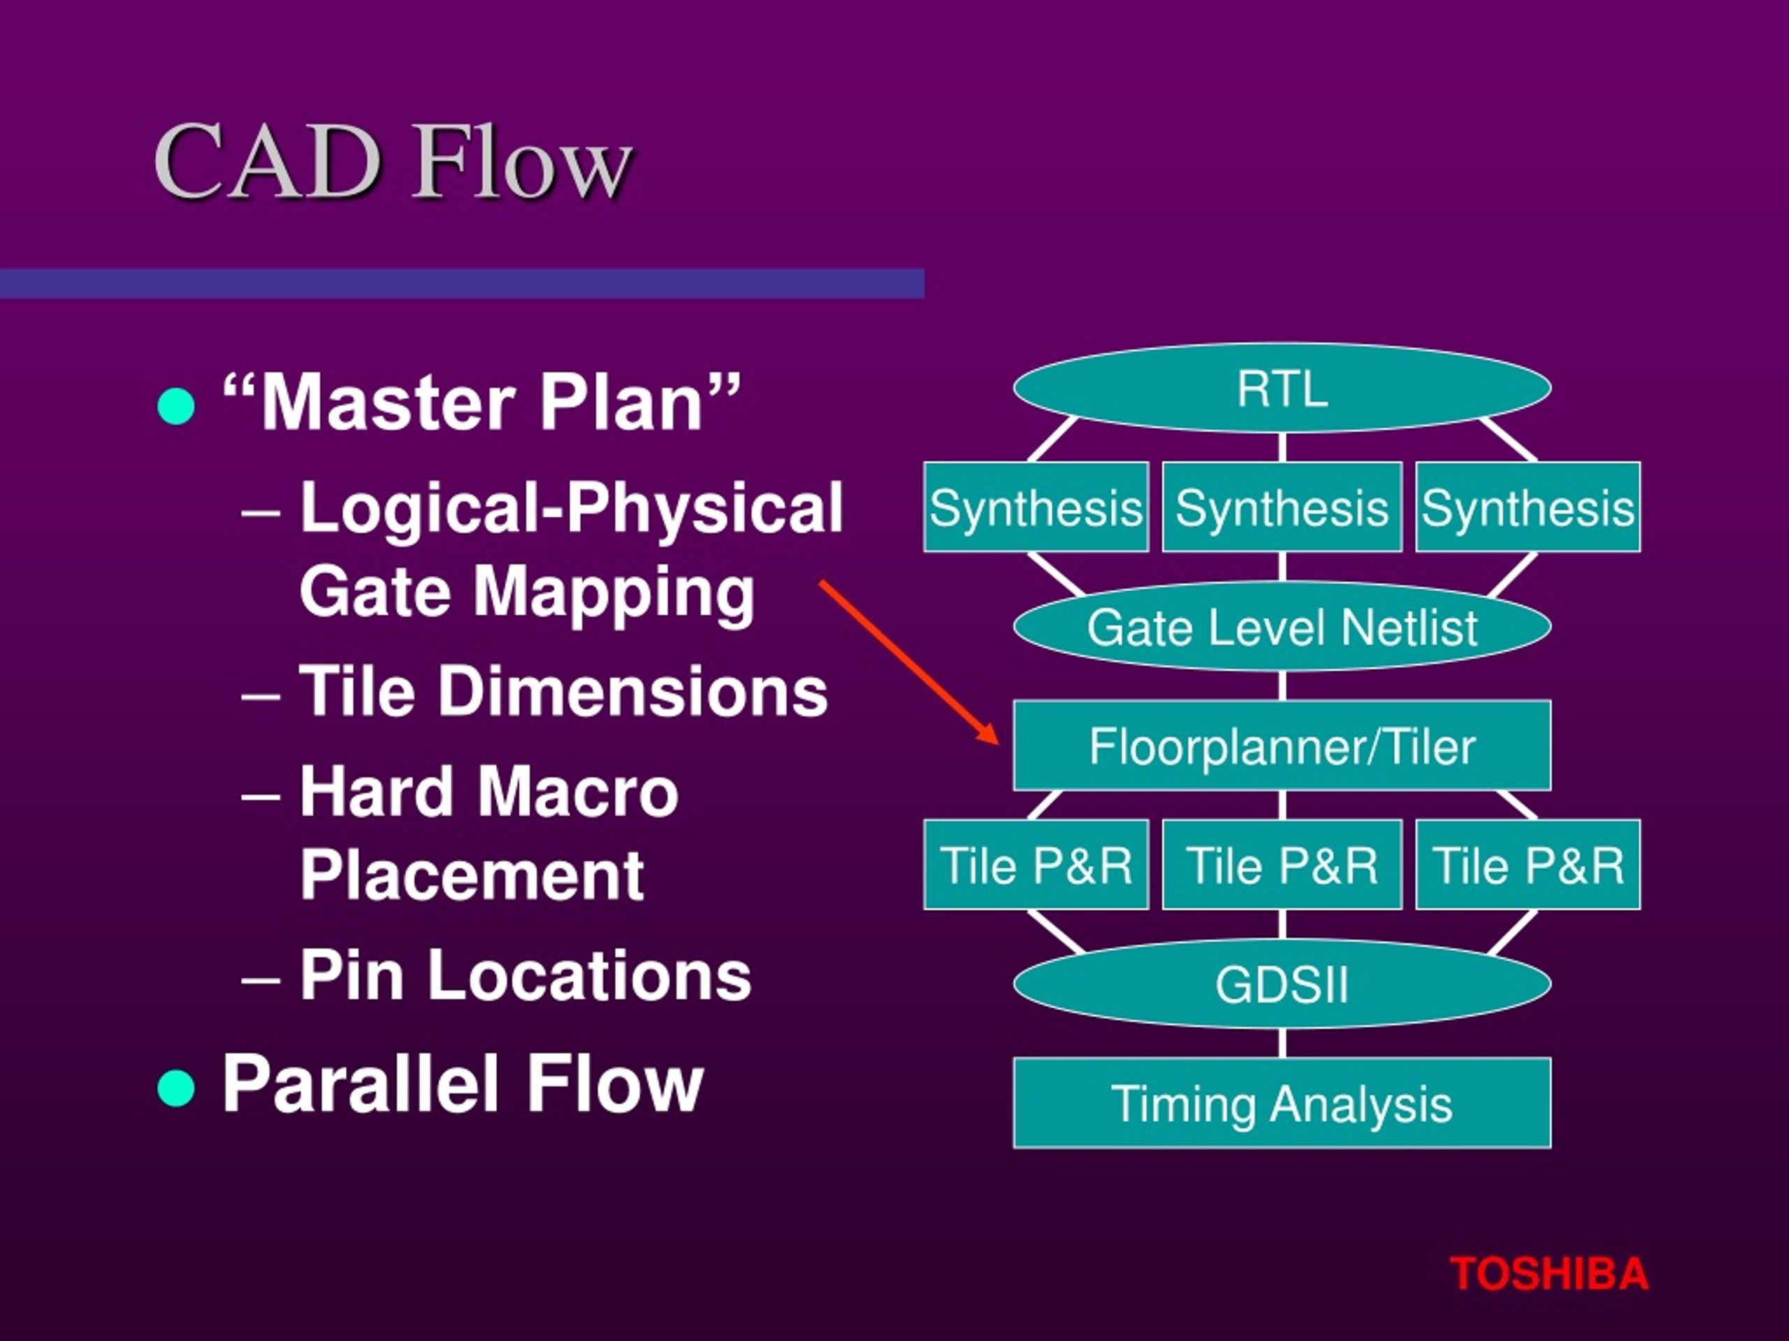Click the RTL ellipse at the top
click(x=1282, y=389)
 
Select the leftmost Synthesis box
click(x=1036, y=507)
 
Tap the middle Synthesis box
click(x=1282, y=507)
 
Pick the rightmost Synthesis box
click(x=1528, y=507)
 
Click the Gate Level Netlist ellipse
click(x=1282, y=626)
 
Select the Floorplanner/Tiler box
click(x=1282, y=745)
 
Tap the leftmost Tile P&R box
click(x=1036, y=865)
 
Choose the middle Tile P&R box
click(x=1282, y=865)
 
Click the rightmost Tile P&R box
click(x=1528, y=865)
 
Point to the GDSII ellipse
click(x=1282, y=983)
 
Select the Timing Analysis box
click(x=1282, y=1103)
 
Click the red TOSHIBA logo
click(x=1548, y=1274)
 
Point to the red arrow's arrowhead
click(x=991, y=734)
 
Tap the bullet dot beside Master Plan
click(x=176, y=406)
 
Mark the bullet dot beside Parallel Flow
click(x=176, y=1087)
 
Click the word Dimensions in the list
click(x=632, y=691)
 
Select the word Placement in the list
click(x=472, y=874)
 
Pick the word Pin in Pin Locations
click(x=352, y=976)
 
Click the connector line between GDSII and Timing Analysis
click(x=1282, y=1043)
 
